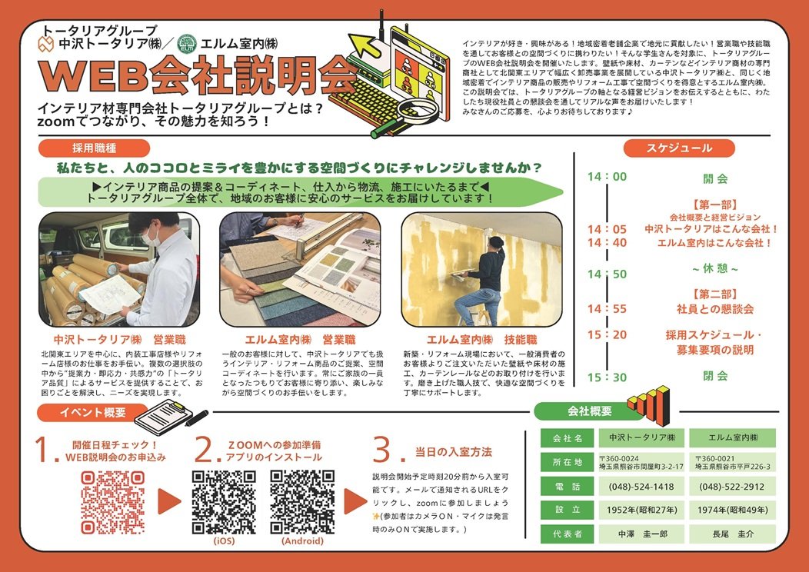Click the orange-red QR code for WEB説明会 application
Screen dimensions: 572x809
(113, 502)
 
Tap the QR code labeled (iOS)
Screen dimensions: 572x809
(224, 502)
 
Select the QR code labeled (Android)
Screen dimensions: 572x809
(301, 502)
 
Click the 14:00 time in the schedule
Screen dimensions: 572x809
(607, 177)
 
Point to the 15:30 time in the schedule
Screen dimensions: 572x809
(607, 377)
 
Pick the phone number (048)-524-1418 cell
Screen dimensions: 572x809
(641, 487)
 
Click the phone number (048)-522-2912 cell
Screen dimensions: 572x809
(731, 487)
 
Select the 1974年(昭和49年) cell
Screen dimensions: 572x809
(731, 510)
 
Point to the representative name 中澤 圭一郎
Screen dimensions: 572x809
(641, 534)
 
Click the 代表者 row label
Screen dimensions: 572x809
(567, 534)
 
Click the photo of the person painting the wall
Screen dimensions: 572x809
(482, 269)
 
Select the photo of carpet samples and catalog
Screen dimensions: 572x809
(300, 269)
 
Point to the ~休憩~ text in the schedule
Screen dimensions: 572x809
(714, 269)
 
